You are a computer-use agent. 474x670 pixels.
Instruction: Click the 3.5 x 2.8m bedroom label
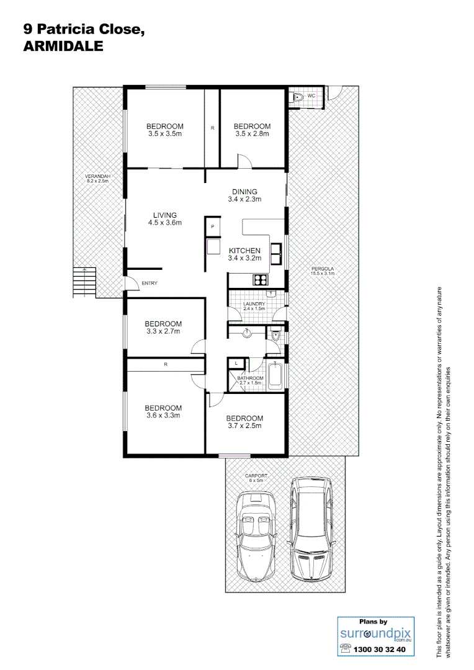pyautogui.click(x=253, y=130)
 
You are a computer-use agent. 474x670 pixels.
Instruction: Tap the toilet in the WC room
pyautogui.click(x=298, y=97)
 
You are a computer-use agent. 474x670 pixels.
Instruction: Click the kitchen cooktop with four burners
pyautogui.click(x=260, y=280)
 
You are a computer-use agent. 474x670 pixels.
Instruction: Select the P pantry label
pyautogui.click(x=212, y=226)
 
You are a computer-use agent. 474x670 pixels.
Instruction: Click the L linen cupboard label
pyautogui.click(x=236, y=362)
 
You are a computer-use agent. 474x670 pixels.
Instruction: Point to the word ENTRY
pyautogui.click(x=149, y=284)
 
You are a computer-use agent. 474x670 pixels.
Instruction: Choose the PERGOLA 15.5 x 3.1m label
pyautogui.click(x=323, y=271)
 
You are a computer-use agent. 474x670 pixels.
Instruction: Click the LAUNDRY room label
pyautogui.click(x=254, y=305)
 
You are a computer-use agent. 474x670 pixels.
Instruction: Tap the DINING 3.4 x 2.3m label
pyautogui.click(x=244, y=195)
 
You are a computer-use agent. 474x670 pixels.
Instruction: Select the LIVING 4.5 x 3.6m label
pyautogui.click(x=165, y=219)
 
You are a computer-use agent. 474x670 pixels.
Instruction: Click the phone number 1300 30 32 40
pyautogui.click(x=379, y=650)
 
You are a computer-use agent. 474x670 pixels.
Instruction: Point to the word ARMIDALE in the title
pyautogui.click(x=63, y=46)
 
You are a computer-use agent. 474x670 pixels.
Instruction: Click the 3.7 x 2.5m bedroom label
pyautogui.click(x=244, y=422)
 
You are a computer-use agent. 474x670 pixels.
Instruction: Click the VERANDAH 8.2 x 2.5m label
pyautogui.click(x=97, y=179)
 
